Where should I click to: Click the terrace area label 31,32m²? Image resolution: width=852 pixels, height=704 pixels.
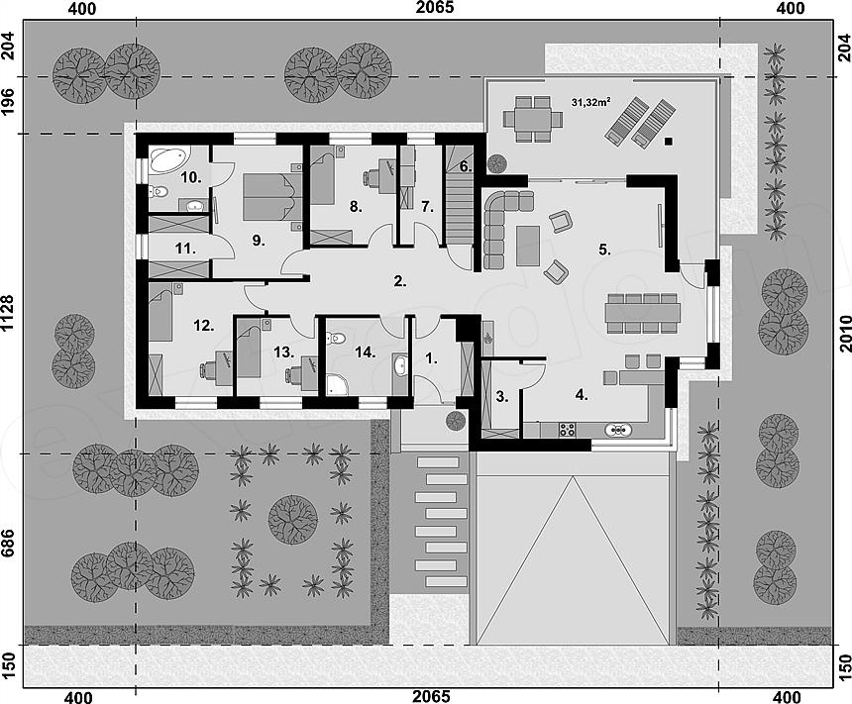click(x=590, y=101)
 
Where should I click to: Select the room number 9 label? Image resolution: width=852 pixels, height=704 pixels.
click(x=259, y=240)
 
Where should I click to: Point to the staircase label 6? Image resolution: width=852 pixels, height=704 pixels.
click(x=465, y=166)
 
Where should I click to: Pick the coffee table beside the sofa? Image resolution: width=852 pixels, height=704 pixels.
click(x=528, y=247)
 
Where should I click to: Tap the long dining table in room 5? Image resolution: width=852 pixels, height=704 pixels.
click(x=643, y=312)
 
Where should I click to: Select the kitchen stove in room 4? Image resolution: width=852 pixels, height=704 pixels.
click(x=568, y=429)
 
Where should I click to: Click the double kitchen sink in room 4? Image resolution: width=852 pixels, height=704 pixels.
click(x=618, y=430)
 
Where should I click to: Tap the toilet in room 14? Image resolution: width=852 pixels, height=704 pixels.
click(x=337, y=339)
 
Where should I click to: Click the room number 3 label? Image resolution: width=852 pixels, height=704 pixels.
click(x=502, y=397)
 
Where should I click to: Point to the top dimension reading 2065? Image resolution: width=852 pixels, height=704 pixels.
click(x=435, y=8)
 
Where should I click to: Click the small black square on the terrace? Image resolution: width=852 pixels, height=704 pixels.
click(x=669, y=142)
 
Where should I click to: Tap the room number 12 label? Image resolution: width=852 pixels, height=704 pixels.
click(x=203, y=326)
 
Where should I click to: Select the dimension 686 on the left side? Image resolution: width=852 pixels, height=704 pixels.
click(x=9, y=544)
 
